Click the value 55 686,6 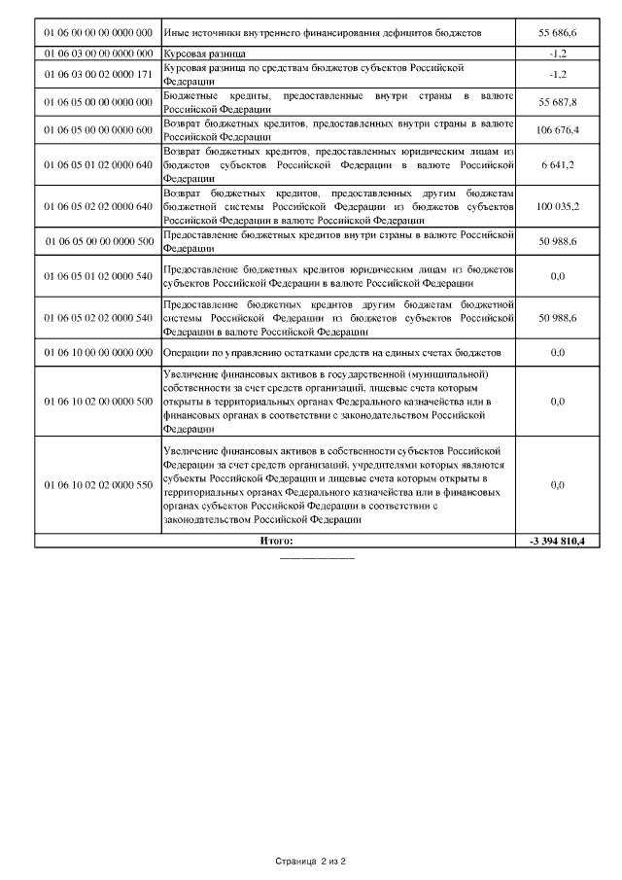click(557, 33)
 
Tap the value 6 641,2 click(557, 164)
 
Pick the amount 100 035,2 click(557, 207)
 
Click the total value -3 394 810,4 click(557, 540)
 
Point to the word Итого click(276, 540)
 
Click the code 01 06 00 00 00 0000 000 click(98, 33)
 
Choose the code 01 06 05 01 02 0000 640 click(98, 164)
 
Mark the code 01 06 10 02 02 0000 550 click(98, 484)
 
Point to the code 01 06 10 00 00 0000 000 click(98, 352)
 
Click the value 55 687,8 click(557, 101)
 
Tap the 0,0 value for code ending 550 click(557, 484)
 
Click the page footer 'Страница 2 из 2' click(311, 862)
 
